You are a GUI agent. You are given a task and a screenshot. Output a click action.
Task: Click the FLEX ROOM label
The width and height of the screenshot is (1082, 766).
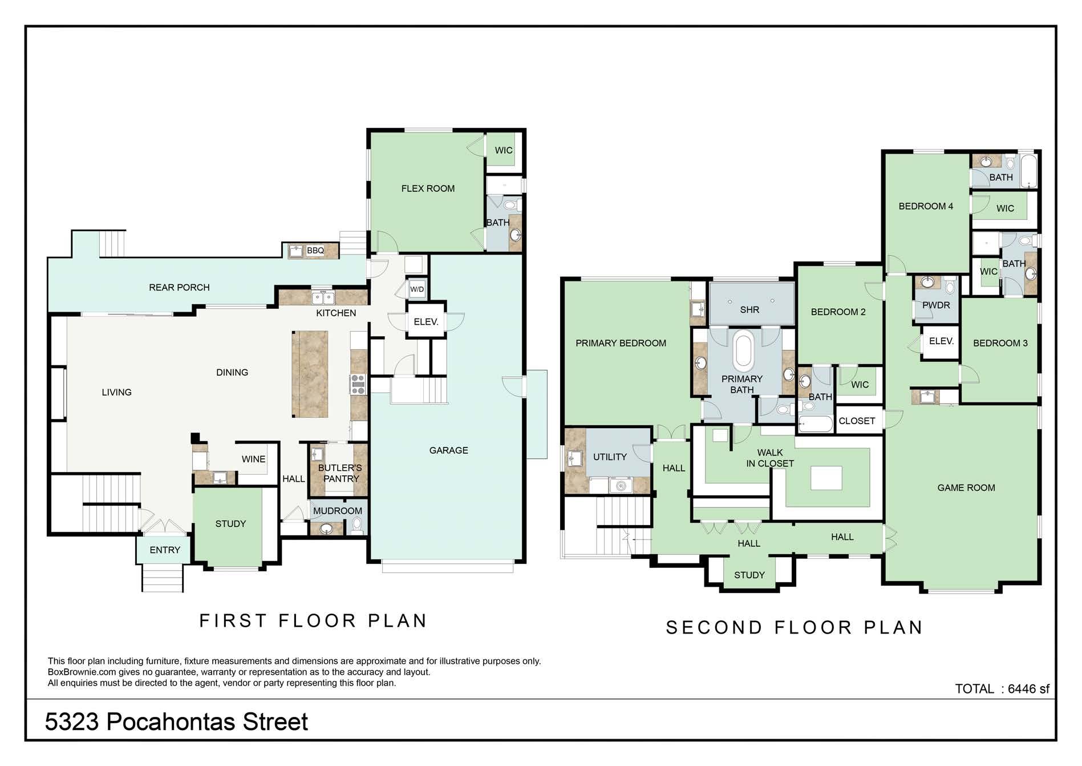tap(428, 188)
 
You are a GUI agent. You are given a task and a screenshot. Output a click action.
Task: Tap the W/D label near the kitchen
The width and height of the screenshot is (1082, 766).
tap(417, 289)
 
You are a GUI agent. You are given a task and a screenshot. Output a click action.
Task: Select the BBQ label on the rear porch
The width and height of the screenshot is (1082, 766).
tap(315, 251)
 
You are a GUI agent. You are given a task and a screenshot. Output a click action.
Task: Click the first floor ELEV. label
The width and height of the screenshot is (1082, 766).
tap(426, 322)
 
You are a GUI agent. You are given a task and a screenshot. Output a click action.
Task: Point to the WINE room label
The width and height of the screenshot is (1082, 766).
tap(253, 459)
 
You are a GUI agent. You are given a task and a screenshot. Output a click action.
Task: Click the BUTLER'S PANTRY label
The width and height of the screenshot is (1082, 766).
tap(341, 473)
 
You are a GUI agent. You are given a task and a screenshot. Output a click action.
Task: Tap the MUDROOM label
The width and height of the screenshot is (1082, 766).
tap(338, 511)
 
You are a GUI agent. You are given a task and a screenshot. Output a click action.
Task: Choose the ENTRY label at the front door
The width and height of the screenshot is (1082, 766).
tap(165, 550)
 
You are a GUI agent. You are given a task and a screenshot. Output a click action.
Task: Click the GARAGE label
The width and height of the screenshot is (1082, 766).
tap(449, 450)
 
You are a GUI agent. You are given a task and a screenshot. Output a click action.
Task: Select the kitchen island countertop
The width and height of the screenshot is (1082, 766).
tap(310, 374)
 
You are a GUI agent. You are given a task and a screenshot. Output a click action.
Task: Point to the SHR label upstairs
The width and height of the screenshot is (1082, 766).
tap(749, 310)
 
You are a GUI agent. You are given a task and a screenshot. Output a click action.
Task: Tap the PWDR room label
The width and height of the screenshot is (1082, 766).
tap(936, 305)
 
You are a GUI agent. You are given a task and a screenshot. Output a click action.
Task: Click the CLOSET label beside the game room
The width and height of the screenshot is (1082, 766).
tap(857, 421)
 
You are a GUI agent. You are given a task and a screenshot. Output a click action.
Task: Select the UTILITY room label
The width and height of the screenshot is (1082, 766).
tap(610, 457)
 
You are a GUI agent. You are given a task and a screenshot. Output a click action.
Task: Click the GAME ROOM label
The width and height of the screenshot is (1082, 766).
tap(966, 487)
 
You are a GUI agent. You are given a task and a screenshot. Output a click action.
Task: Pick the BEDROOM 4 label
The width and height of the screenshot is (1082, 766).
tap(926, 206)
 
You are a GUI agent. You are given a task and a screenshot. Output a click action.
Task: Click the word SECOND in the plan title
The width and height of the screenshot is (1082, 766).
tap(714, 628)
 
